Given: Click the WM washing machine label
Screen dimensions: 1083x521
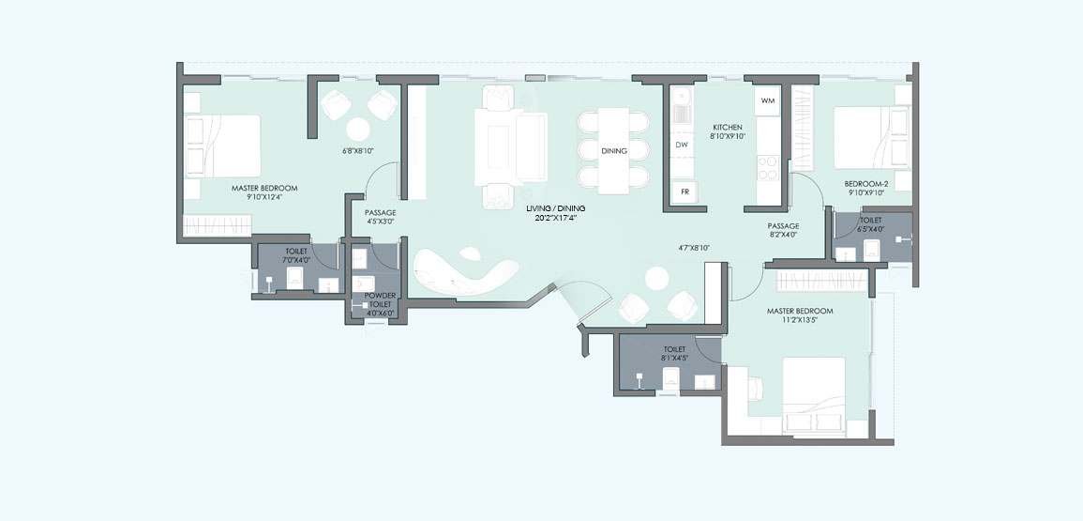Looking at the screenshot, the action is coord(767,101).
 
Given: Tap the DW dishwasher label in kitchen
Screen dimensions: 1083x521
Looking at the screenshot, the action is coord(682,146).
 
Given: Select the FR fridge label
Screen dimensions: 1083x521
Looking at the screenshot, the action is coord(684,192).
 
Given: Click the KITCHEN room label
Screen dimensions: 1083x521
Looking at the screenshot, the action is coord(728,128).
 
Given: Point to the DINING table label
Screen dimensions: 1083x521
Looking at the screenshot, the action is coord(614,150).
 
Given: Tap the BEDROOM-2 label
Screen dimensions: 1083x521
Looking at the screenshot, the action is coord(865,184).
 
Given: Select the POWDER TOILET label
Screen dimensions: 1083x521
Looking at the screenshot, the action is coord(380,299).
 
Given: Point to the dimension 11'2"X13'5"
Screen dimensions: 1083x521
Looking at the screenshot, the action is coord(800,320).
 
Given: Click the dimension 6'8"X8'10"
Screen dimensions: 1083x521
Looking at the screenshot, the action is coord(358,150).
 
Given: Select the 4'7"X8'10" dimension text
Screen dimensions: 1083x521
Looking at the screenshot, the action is coord(694,247).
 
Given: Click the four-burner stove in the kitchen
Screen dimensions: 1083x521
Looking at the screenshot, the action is coord(767,167).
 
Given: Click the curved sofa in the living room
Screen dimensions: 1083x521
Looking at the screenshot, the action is coord(464,272).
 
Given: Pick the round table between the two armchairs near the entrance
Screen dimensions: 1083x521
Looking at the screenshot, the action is coord(657,278).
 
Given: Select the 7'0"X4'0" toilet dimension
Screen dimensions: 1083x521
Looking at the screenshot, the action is coord(297,260).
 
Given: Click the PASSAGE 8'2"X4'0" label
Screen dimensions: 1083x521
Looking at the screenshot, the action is coord(783,230).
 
